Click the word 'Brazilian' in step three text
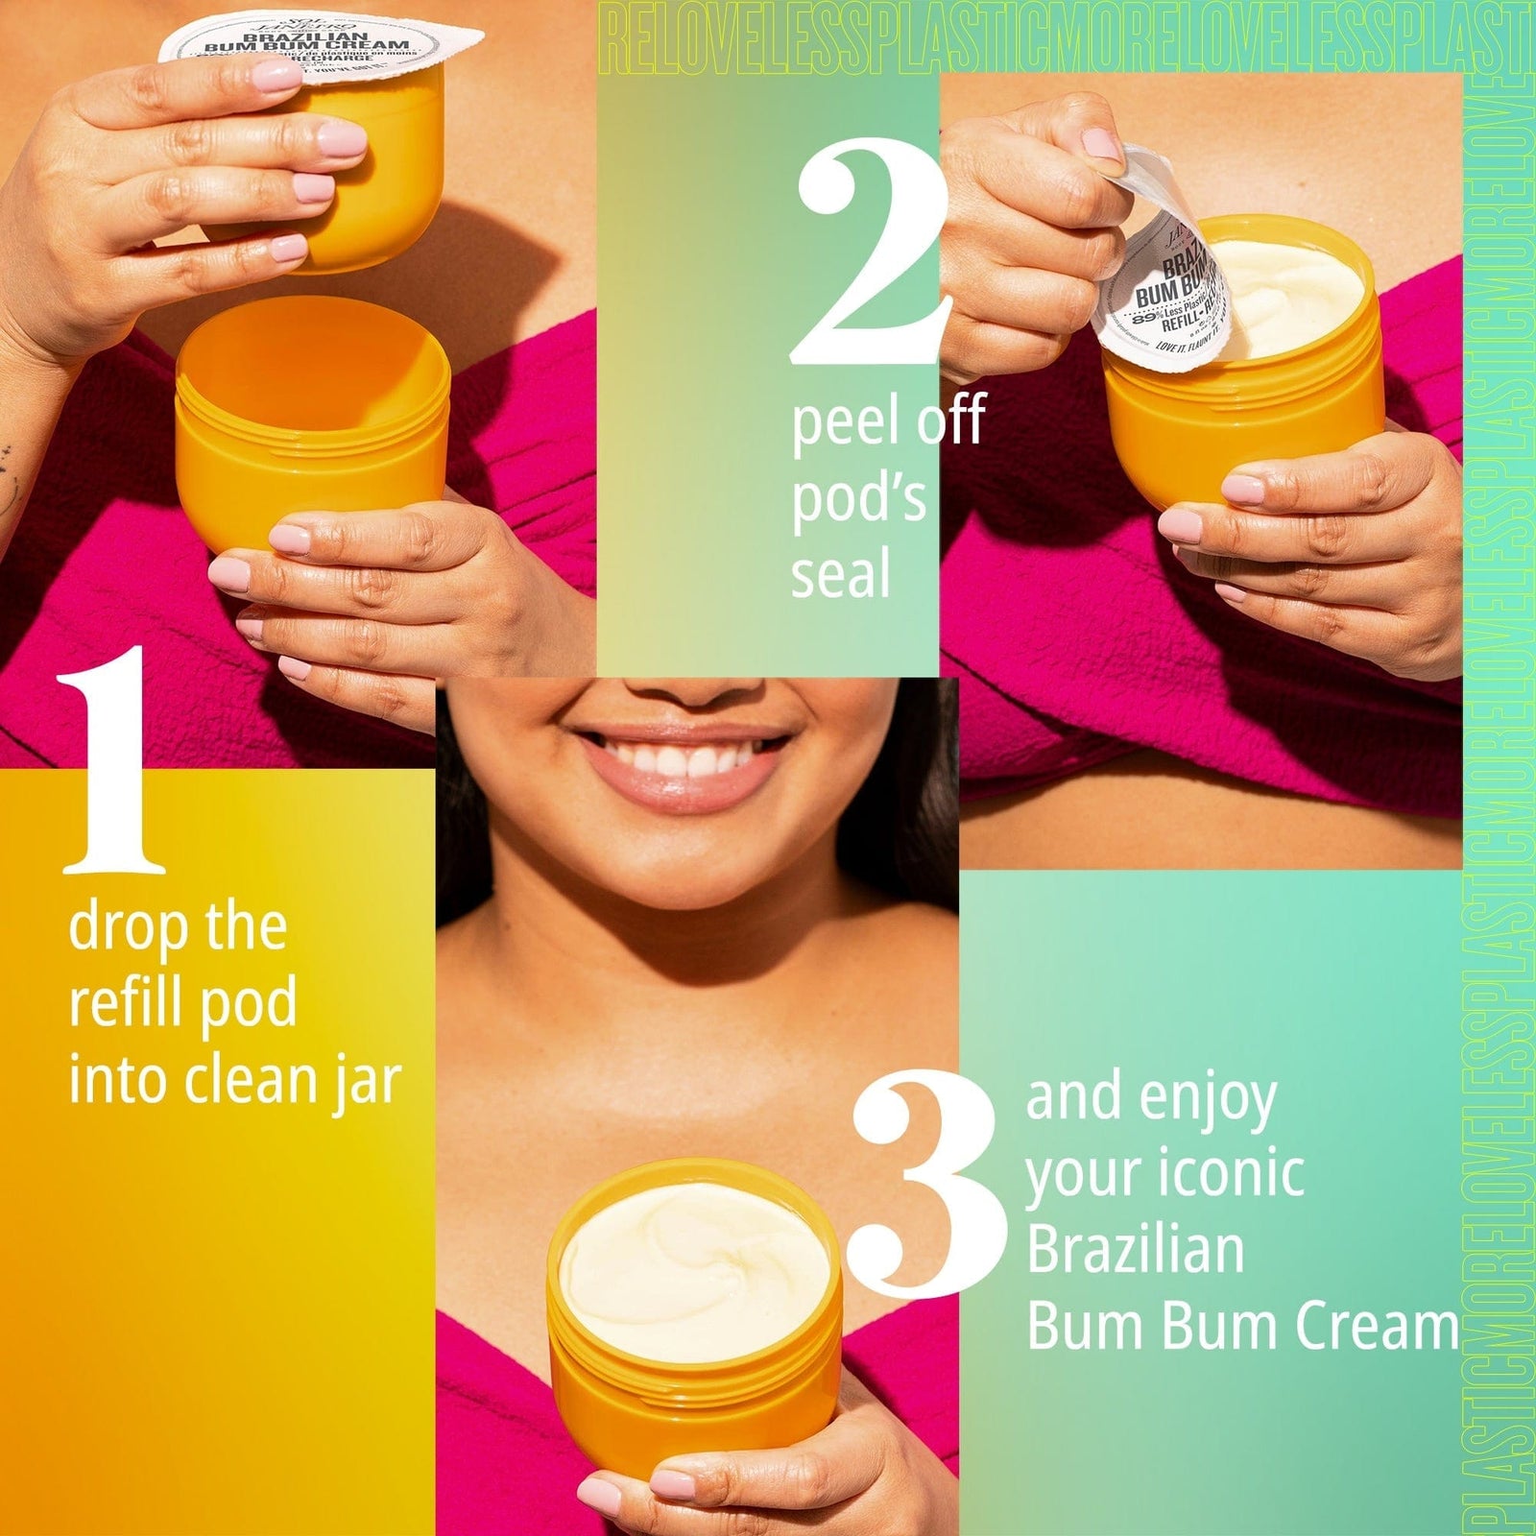(x=1135, y=1250)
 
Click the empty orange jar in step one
(x=312, y=422)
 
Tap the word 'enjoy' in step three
(x=1205, y=1099)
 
